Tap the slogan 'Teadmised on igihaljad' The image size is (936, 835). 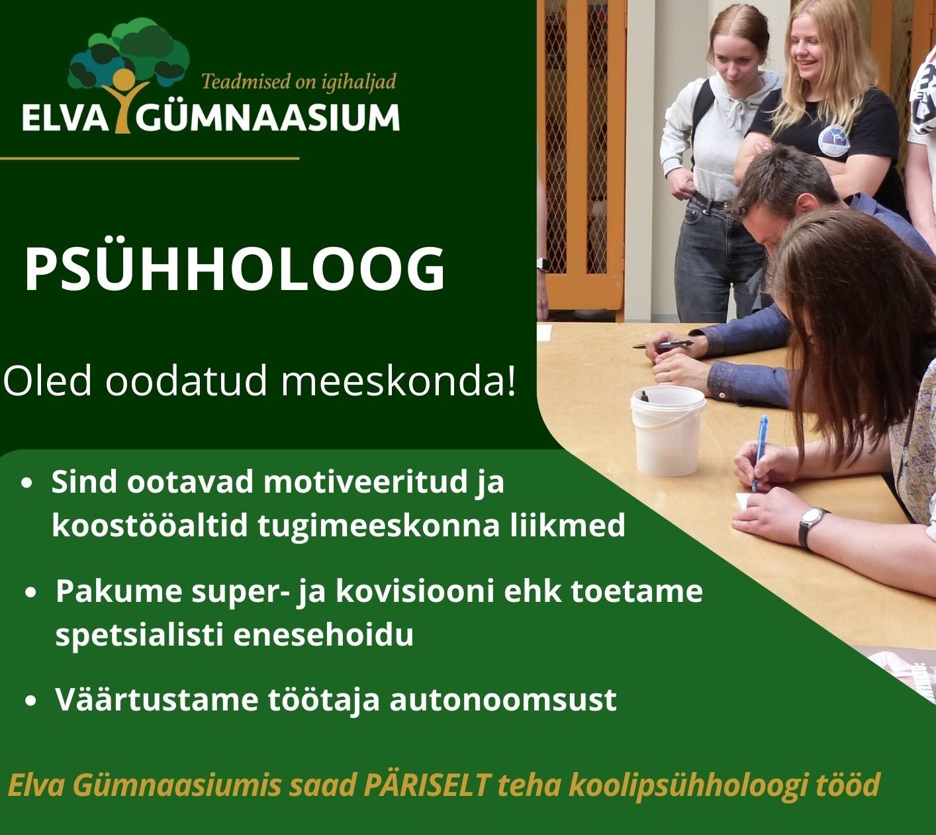pos(299,82)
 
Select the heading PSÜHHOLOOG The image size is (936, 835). pos(235,270)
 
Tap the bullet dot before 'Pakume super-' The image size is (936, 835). pos(30,593)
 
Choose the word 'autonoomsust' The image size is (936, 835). pos(503,700)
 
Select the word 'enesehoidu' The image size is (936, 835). pos(324,634)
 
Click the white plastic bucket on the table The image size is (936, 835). pos(668,430)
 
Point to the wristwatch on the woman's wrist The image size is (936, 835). pos(811,527)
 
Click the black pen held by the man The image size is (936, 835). pos(663,344)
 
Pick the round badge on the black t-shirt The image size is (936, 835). pos(834,140)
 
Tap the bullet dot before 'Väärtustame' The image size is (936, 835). pos(30,701)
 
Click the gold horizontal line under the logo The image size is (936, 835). pos(150,158)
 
